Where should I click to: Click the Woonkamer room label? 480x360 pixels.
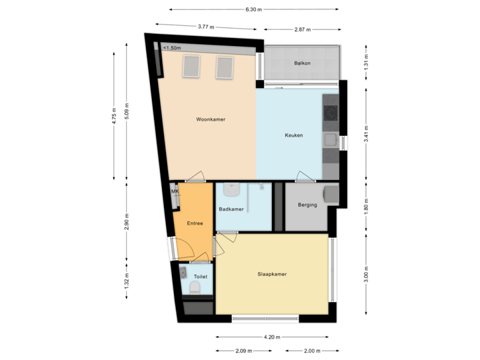[210, 120]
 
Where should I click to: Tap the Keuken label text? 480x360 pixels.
[294, 135]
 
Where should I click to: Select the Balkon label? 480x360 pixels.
[303, 63]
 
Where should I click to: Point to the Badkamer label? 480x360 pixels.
[231, 209]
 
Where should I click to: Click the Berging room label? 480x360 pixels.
[307, 205]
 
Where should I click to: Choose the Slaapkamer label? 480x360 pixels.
[272, 274]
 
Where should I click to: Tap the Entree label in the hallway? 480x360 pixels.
[195, 223]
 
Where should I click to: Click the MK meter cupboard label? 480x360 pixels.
[175, 192]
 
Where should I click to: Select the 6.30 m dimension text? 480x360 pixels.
[254, 10]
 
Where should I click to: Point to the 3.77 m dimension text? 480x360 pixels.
[207, 27]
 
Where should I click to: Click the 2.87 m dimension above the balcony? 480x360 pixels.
[303, 30]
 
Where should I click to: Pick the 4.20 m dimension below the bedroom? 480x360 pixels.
[272, 337]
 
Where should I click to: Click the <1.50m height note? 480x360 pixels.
[171, 48]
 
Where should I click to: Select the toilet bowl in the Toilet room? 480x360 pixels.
[195, 288]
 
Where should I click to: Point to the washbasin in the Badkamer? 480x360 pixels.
[231, 191]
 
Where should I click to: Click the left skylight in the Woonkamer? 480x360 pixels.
[191, 66]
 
